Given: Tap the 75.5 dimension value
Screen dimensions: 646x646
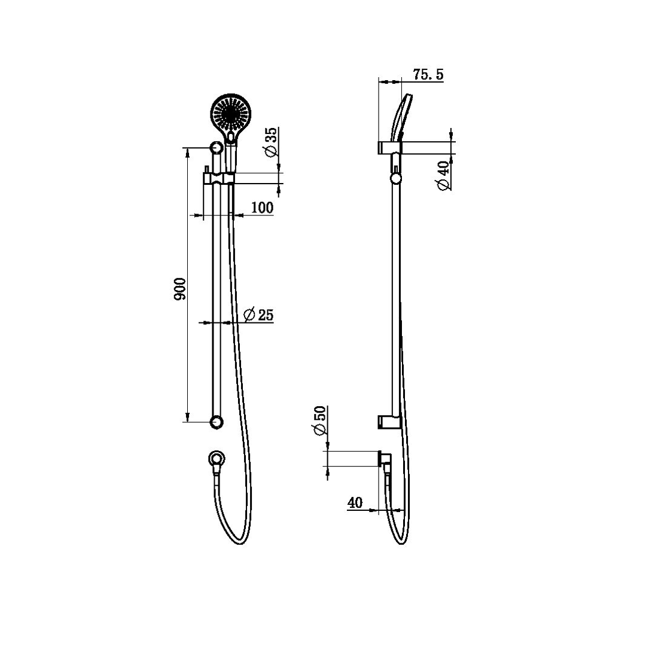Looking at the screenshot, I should coord(428,75).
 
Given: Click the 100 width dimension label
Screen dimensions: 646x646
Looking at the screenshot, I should coord(262,208).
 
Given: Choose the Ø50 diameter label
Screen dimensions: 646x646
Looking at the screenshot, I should coord(319,422).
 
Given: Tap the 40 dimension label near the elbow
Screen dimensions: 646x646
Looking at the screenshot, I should coord(355,503).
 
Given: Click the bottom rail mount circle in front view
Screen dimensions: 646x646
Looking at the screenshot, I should coord(217,422).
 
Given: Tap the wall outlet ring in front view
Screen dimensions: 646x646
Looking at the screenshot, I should coord(217,459).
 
